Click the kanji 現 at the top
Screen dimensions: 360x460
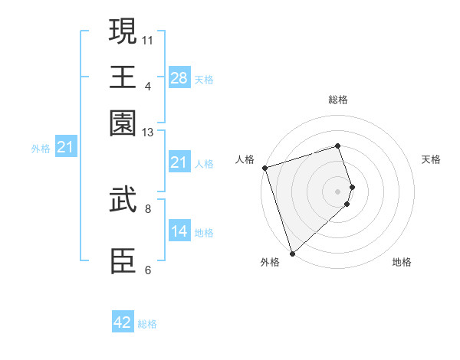[123, 33]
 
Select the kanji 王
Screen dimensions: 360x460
[123, 77]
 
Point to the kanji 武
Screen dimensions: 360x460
[123, 201]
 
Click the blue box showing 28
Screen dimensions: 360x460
[179, 78]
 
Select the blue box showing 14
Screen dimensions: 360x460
[179, 231]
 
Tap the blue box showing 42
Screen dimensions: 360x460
[123, 322]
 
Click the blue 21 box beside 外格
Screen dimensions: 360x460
[64, 148]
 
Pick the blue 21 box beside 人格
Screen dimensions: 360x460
[179, 162]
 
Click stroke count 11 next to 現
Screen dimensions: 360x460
[148, 38]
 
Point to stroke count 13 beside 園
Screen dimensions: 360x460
[148, 133]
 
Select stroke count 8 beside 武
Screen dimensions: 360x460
[148, 207]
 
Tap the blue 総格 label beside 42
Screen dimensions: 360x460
[147, 324]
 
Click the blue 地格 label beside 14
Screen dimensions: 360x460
[204, 232]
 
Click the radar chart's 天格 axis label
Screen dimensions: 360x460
[431, 159]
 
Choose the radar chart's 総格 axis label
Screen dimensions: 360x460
[338, 100]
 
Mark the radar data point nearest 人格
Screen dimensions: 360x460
[264, 168]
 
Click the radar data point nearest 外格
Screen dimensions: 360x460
[292, 253]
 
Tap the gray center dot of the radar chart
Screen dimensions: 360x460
[338, 191]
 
